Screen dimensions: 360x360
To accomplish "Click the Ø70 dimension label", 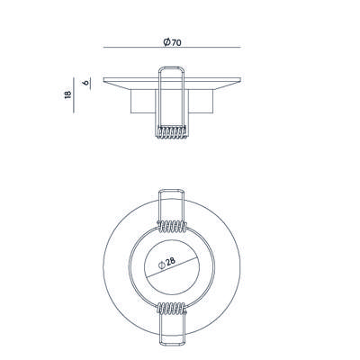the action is tap(172, 42).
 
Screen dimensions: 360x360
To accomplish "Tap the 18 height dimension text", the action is tap(67, 94).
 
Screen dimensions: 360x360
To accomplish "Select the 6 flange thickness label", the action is tap(86, 82).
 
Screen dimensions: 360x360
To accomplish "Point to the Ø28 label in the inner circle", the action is tap(166, 263).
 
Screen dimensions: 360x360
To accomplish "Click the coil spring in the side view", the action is tap(171, 131).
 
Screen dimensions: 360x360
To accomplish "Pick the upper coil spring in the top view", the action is tap(172, 227).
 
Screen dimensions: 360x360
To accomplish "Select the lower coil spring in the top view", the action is tap(172, 308).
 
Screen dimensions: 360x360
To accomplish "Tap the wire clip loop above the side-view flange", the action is tap(171, 67).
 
